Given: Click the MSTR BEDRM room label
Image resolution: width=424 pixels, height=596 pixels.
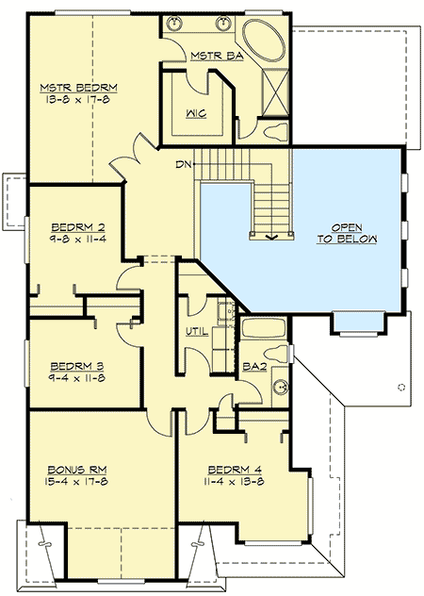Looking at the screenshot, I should (71, 90).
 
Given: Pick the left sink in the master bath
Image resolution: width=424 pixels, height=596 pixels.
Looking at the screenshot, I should (176, 23).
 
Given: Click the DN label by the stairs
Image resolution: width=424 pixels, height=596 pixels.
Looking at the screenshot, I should (185, 165).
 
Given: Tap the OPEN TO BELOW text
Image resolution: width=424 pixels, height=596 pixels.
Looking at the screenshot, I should (348, 234).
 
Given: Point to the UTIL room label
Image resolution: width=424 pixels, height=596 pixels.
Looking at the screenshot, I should (195, 331).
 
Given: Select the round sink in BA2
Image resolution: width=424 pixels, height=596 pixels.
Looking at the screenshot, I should (279, 384).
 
